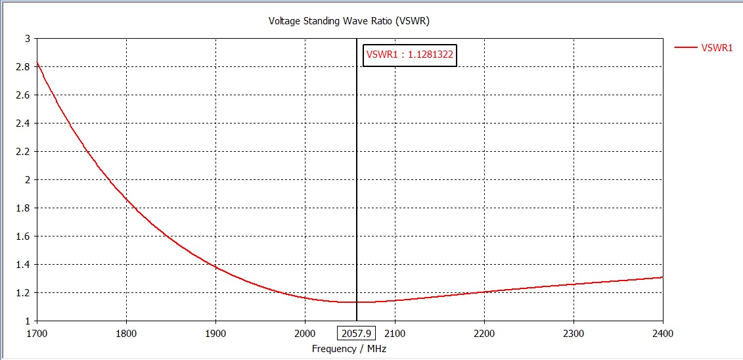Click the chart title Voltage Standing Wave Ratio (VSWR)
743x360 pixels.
[x=349, y=20]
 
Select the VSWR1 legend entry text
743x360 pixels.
[x=717, y=47]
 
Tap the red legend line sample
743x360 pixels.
[x=686, y=47]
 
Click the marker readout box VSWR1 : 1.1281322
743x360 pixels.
[x=410, y=55]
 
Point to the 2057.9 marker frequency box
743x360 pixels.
[x=357, y=333]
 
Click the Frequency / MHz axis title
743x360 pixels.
[x=349, y=348]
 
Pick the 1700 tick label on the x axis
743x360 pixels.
[x=36, y=333]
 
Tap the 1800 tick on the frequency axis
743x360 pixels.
[x=125, y=333]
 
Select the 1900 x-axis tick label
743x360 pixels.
[x=215, y=333]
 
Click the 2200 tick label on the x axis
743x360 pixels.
[x=484, y=333]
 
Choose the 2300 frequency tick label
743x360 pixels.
[x=574, y=333]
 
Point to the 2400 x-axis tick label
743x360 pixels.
[x=663, y=333]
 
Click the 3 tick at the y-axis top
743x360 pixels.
[x=28, y=38]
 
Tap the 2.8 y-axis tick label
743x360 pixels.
[x=24, y=66]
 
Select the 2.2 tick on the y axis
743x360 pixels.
[x=24, y=151]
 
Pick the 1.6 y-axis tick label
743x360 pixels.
[x=24, y=236]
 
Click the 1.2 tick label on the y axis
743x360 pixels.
[x=24, y=292]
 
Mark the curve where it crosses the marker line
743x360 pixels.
[x=357, y=302]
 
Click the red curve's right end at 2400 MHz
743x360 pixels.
[x=662, y=277]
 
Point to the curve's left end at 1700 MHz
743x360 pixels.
[x=37, y=63]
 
